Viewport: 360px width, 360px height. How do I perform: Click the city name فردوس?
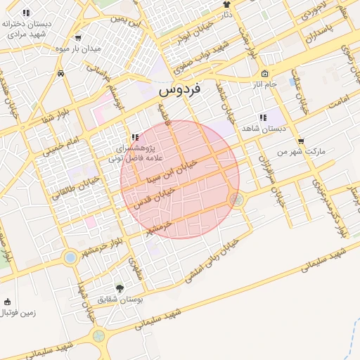pos(179,89)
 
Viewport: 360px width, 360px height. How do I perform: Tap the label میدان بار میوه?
pos(98,49)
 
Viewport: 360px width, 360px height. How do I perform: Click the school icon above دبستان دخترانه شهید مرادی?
pos(26,13)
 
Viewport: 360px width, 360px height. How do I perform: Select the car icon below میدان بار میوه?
pos(62,72)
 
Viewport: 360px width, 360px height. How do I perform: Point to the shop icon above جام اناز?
pos(264,74)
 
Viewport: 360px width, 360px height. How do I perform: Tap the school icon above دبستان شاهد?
pos(262,117)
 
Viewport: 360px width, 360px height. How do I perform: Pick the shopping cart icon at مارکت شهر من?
pos(301,141)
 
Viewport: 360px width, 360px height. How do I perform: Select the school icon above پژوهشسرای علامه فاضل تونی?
pos(134,136)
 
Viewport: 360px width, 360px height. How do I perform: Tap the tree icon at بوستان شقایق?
pos(119,288)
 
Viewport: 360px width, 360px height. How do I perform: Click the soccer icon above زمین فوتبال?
pos(8,302)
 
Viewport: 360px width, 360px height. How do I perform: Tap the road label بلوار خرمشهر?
pos(106,247)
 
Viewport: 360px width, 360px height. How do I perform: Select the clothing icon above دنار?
pos(226,4)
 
